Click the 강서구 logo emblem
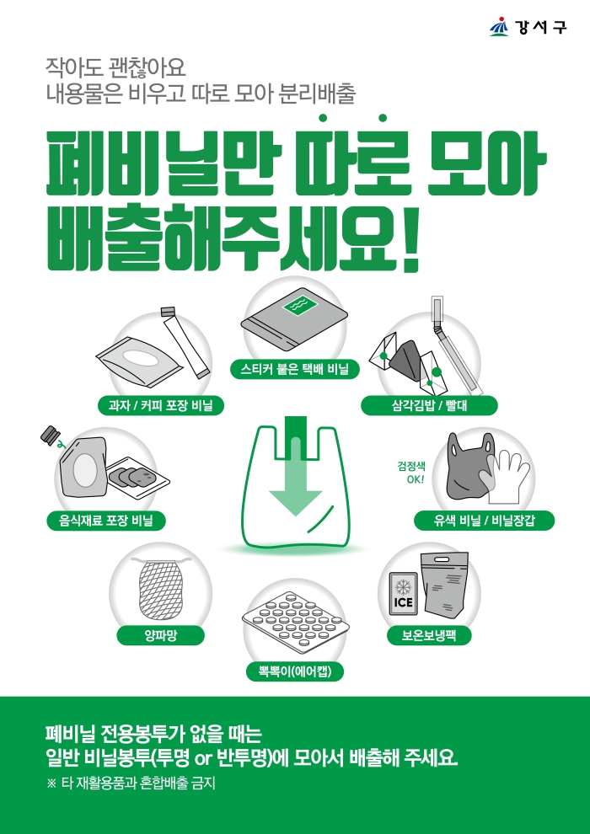pos(499,27)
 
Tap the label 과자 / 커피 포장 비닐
pos(160,407)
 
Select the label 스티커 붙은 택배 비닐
pos(295,370)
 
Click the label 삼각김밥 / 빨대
pos(429,406)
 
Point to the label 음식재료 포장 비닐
pos(105,521)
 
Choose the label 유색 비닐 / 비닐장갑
pos(484,521)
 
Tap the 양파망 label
pos(161,635)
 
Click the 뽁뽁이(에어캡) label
pos(295,671)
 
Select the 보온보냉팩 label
pos(429,635)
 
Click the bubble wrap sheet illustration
pos(293,620)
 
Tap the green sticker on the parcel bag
pos(299,304)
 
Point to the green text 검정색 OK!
pos(411,471)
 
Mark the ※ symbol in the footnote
pos(51,784)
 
